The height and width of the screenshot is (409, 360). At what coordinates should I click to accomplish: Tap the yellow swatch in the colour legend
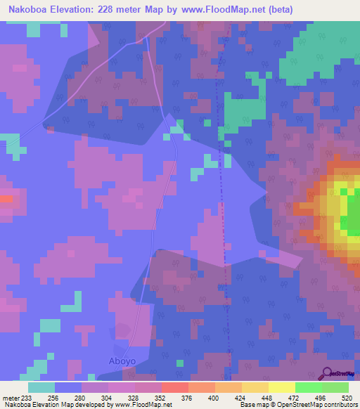(282, 387)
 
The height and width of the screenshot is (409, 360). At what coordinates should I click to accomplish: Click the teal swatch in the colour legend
(41, 387)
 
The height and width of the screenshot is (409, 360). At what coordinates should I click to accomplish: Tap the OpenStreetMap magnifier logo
(326, 373)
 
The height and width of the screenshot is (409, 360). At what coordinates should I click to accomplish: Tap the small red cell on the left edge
(6, 199)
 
